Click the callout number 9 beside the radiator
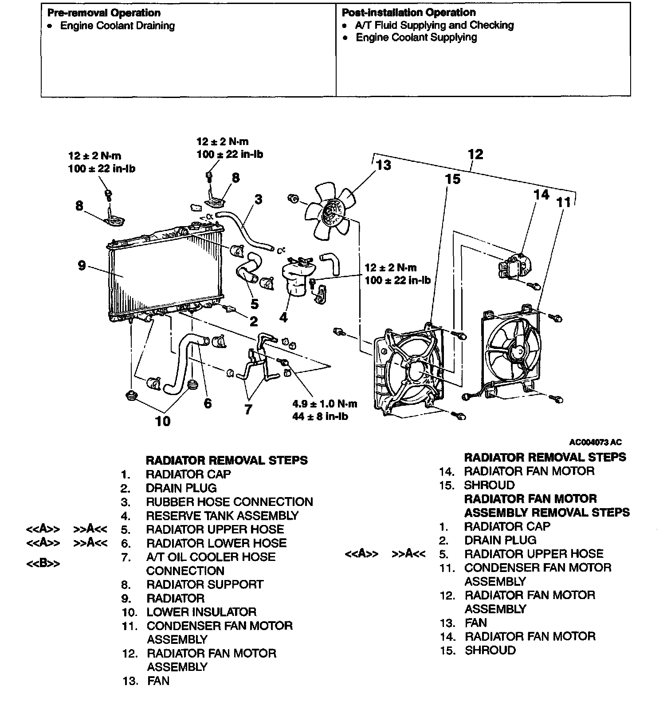(x=82, y=266)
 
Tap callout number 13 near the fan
(x=384, y=165)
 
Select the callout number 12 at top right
(x=475, y=154)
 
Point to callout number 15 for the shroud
(x=452, y=179)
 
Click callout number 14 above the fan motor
(x=541, y=195)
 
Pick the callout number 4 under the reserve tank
(x=283, y=317)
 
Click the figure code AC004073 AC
(x=595, y=442)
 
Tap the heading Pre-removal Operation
(x=104, y=13)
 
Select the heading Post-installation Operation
(x=408, y=12)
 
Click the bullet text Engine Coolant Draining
(x=118, y=26)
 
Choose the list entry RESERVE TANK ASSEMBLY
(x=222, y=516)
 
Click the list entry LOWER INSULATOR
(x=201, y=612)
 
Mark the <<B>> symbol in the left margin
(x=43, y=564)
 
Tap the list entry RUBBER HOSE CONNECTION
(x=229, y=502)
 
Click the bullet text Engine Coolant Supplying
(x=416, y=38)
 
